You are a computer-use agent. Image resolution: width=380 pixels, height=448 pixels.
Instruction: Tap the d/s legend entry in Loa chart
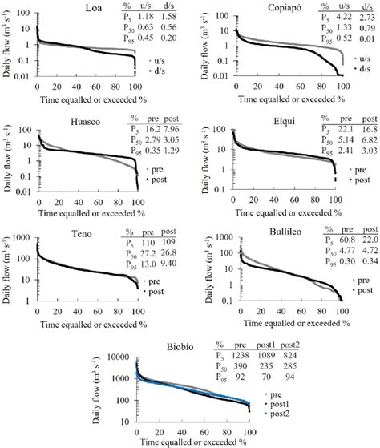(171, 72)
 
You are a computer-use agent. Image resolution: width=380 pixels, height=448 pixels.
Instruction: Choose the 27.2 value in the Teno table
(146, 249)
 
